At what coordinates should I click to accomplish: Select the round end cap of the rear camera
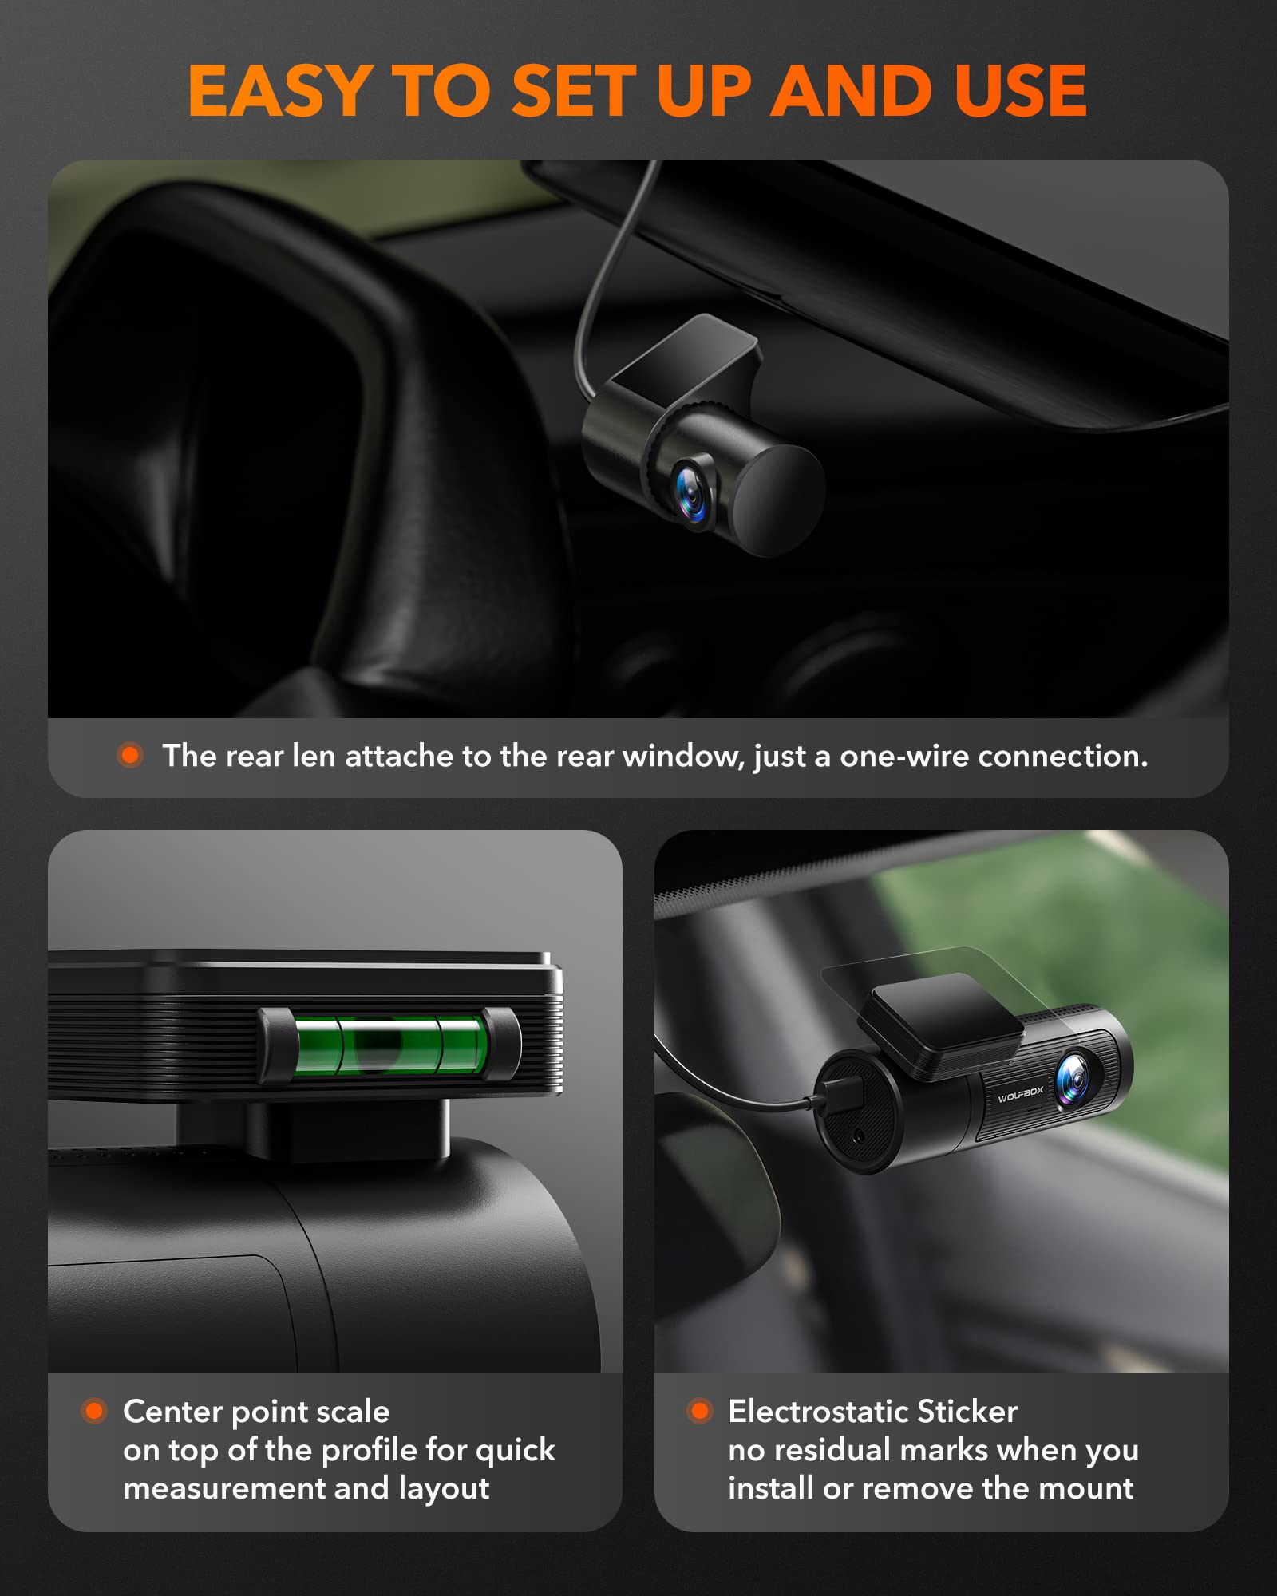tap(779, 500)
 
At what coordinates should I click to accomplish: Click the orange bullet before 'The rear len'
tap(130, 755)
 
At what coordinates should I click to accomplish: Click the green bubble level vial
tap(389, 1045)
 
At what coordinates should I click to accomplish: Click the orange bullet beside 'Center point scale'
tap(94, 1411)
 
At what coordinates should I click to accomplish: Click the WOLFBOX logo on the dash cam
tap(1020, 1094)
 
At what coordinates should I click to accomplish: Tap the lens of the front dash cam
tap(1074, 1079)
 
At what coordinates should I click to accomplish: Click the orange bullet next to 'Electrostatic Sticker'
tap(700, 1411)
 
